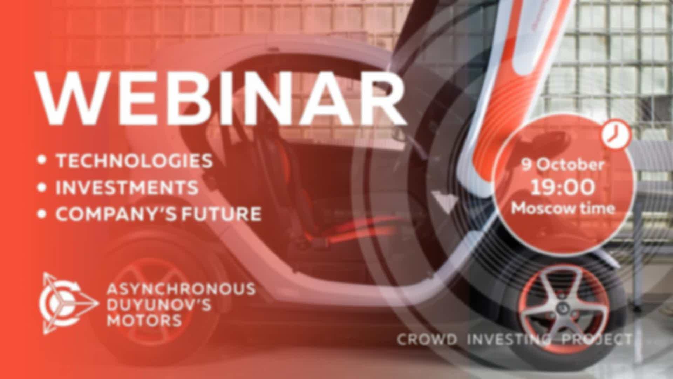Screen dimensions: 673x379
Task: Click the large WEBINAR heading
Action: [221, 98]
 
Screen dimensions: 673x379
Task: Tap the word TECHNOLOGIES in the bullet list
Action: [134, 161]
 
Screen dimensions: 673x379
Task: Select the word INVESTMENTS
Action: [127, 187]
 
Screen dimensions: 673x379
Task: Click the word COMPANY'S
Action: [116, 213]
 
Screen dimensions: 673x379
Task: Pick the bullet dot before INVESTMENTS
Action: [42, 187]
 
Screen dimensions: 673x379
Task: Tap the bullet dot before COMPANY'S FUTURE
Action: [42, 214]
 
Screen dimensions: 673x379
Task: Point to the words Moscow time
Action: [563, 208]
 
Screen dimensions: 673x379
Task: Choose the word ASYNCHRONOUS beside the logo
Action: [181, 289]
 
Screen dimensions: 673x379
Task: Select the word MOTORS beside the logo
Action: [144, 320]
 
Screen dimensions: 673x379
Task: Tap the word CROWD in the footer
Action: [427, 339]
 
